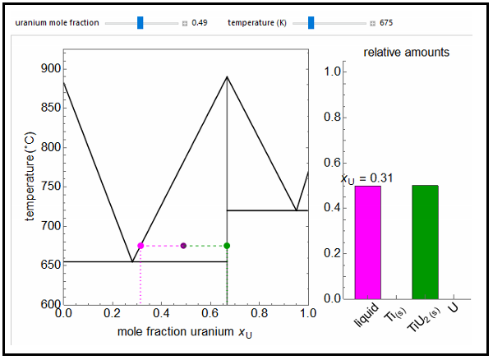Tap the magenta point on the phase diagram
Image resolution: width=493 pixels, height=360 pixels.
pyautogui.click(x=141, y=246)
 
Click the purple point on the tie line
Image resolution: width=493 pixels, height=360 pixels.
pyautogui.click(x=183, y=246)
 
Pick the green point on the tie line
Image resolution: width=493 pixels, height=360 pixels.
pyautogui.click(x=227, y=246)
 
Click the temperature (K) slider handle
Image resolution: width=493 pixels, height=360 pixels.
pyautogui.click(x=311, y=22)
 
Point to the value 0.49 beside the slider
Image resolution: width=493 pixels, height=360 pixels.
pyautogui.click(x=199, y=23)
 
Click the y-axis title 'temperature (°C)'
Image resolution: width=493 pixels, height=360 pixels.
pyautogui.click(x=31, y=177)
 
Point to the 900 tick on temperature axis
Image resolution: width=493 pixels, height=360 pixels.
pyautogui.click(x=50, y=69)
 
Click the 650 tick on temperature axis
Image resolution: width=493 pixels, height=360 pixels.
pyautogui.click(x=50, y=265)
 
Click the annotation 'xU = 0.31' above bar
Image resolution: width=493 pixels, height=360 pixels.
pyautogui.click(x=367, y=178)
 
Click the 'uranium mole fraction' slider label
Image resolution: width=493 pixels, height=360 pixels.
pyautogui.click(x=56, y=22)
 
